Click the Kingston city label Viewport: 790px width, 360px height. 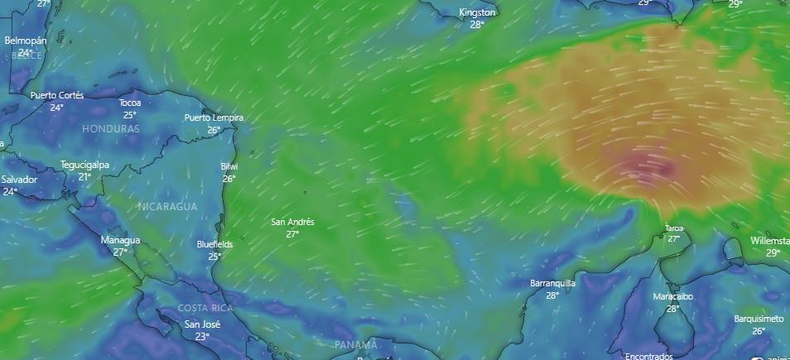(477, 12)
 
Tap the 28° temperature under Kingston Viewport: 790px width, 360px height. (477, 25)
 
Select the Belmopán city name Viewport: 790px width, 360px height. (26, 41)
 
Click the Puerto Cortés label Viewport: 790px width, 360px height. (57, 95)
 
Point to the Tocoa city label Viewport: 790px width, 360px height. (130, 103)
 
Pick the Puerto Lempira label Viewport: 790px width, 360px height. (214, 118)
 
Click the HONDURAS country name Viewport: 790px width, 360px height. (111, 130)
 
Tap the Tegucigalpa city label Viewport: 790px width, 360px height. (84, 165)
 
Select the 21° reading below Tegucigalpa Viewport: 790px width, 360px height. (84, 177)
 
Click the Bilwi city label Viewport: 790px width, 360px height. (229, 166)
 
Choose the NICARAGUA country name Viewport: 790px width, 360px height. (168, 206)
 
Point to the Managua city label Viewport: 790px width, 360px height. (120, 240)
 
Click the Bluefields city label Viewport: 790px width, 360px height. (214, 245)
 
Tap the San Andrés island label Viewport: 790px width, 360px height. (292, 222)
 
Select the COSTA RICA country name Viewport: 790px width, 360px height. (205, 308)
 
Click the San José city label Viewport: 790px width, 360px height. (202, 324)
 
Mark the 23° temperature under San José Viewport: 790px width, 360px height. (202, 337)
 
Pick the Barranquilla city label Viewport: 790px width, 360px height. (552, 283)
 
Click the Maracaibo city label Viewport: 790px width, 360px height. (672, 296)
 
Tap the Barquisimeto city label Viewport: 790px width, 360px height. (759, 319)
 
